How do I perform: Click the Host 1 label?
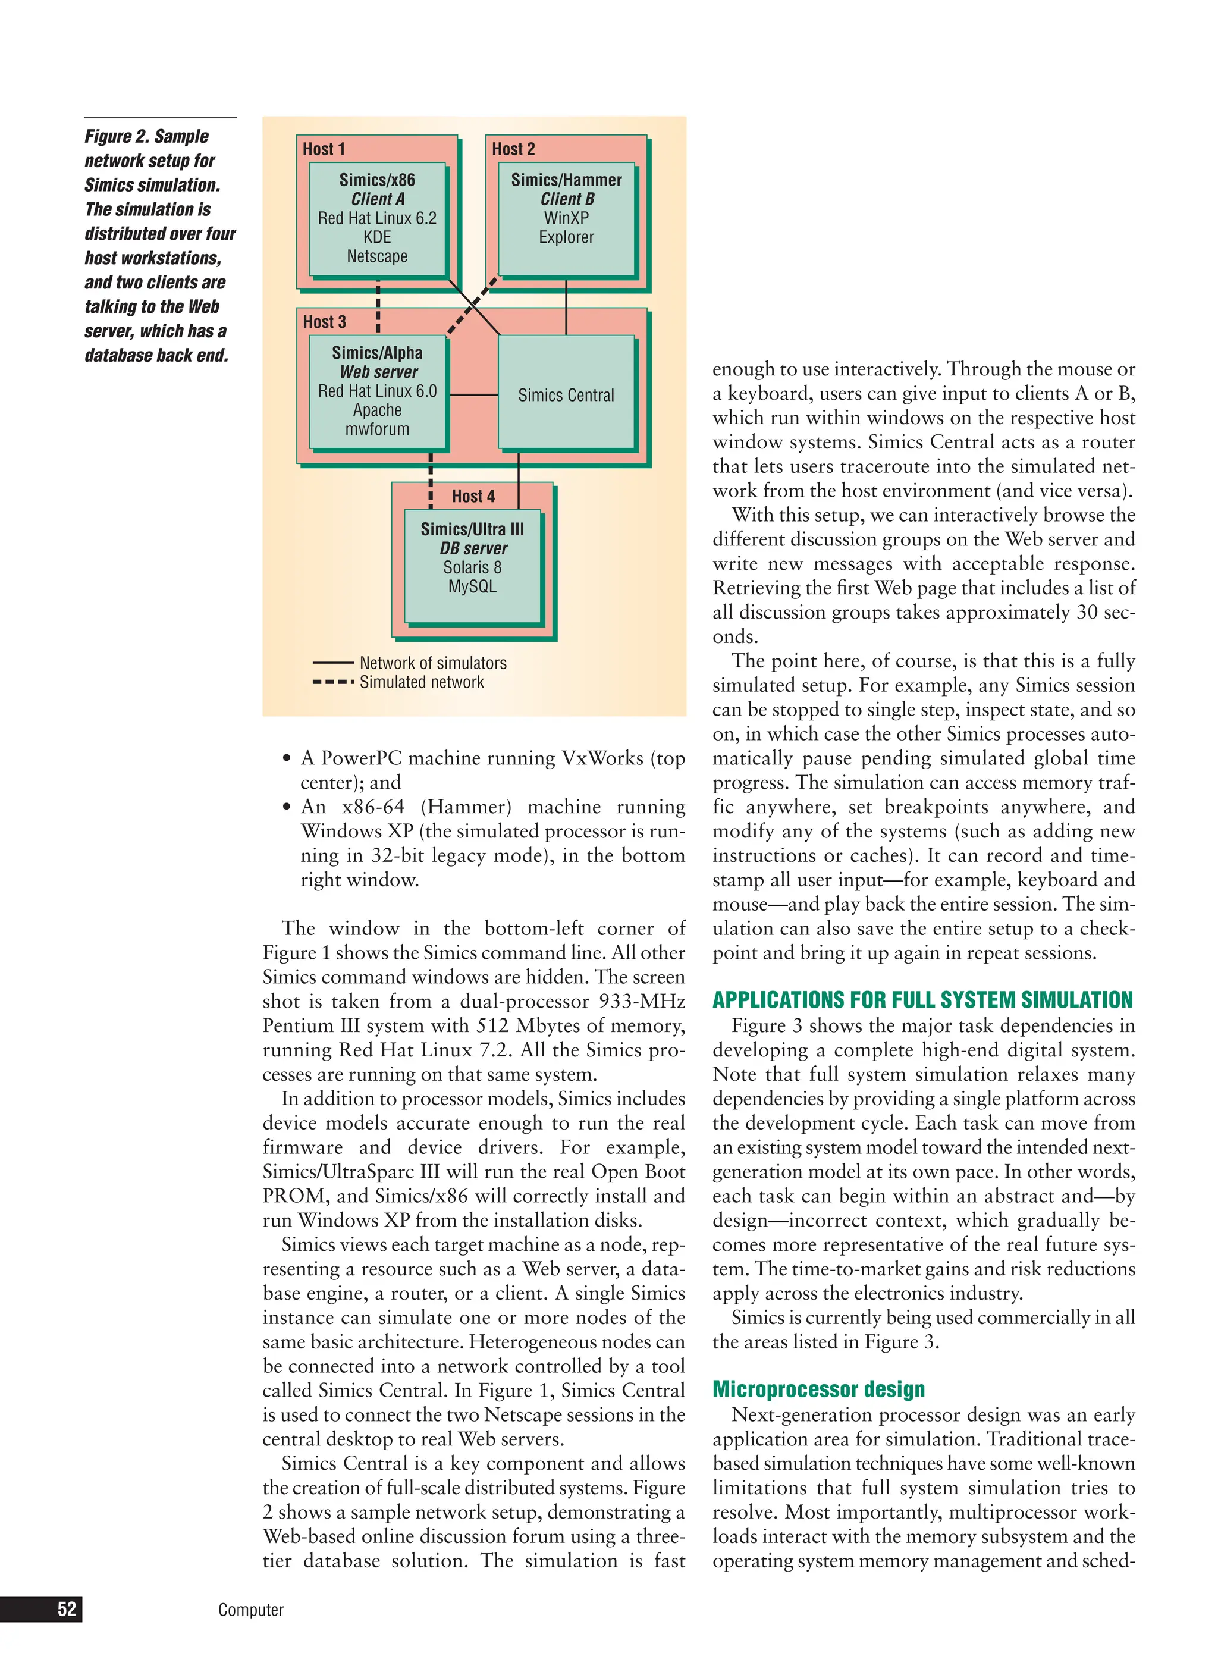click(x=324, y=149)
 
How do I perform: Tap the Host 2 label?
click(x=513, y=149)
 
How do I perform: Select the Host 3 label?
click(x=324, y=322)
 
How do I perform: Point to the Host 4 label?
click(x=473, y=496)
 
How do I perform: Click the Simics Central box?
click(x=566, y=395)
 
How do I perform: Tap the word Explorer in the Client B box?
click(x=566, y=238)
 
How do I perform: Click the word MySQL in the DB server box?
click(x=472, y=586)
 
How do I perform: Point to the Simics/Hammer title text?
click(x=566, y=180)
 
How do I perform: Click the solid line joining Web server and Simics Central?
click(x=473, y=395)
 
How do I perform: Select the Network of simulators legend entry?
click(x=432, y=663)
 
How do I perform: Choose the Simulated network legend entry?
click(x=421, y=682)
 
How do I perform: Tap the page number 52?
click(x=67, y=1609)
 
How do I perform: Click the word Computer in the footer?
click(x=250, y=1610)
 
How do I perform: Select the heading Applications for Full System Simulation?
click(x=922, y=1000)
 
